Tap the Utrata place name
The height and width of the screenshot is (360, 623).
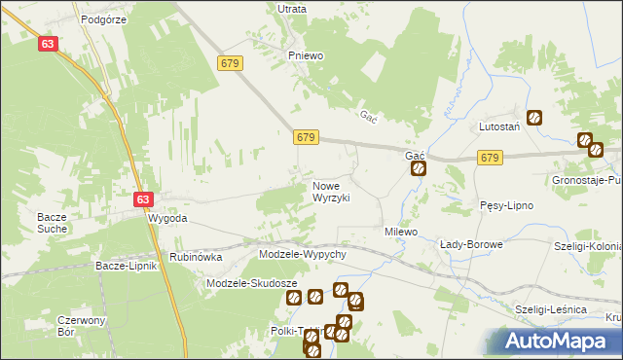(292, 9)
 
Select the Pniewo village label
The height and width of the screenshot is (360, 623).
(305, 55)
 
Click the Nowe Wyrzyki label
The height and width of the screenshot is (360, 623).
(331, 191)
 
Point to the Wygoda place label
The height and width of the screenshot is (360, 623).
(166, 219)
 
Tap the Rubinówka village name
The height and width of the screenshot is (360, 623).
(196, 257)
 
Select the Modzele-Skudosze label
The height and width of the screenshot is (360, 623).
(252, 283)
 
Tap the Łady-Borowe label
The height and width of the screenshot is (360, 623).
(471, 244)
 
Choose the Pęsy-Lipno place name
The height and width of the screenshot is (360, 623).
(505, 205)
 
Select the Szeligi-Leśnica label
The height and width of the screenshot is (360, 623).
(551, 308)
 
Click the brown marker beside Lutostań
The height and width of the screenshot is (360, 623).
(534, 119)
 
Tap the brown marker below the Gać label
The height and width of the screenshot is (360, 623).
(418, 168)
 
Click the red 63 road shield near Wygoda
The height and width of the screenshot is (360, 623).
(143, 199)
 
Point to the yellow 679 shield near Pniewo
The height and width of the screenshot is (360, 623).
(231, 63)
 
